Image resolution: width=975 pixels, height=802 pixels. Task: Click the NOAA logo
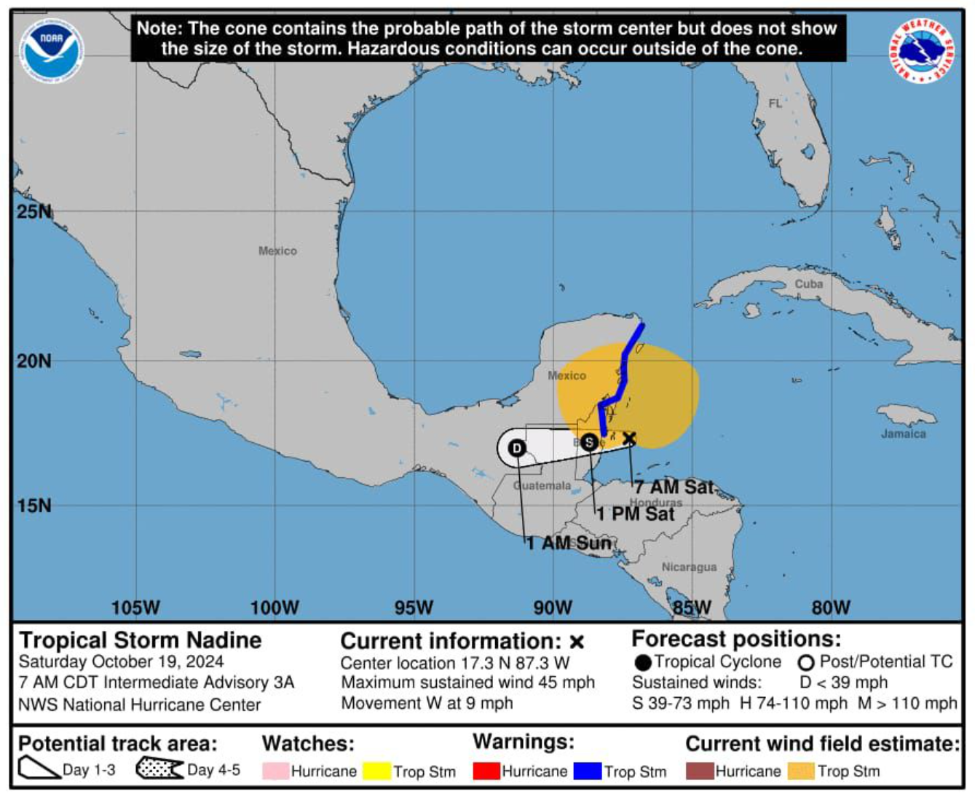[50, 50]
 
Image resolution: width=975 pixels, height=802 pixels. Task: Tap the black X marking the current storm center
[629, 438]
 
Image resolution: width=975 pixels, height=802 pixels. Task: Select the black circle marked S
[589, 442]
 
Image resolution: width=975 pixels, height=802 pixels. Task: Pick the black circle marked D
[517, 448]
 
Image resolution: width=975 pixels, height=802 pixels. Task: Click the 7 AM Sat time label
[674, 487]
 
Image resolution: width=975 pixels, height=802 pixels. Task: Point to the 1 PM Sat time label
[636, 514]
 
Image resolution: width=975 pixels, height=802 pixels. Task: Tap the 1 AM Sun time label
[568, 543]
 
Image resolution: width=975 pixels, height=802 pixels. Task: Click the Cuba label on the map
[808, 283]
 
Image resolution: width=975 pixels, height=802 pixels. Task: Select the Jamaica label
[903, 433]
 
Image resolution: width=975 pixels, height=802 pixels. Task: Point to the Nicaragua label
[689, 567]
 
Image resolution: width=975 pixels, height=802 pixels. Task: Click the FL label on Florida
[775, 103]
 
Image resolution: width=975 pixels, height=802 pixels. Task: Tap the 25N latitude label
[34, 212]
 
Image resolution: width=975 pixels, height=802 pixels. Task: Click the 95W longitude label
[414, 607]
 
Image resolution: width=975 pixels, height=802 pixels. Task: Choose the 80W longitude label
[830, 607]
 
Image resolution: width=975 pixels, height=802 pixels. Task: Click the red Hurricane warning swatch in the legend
[486, 771]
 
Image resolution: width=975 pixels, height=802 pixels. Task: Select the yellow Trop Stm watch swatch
[377, 771]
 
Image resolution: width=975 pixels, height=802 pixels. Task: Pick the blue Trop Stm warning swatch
[588, 771]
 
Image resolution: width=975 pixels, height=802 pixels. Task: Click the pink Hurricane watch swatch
[275, 771]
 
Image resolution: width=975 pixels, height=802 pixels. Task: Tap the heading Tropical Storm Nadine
[140, 640]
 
